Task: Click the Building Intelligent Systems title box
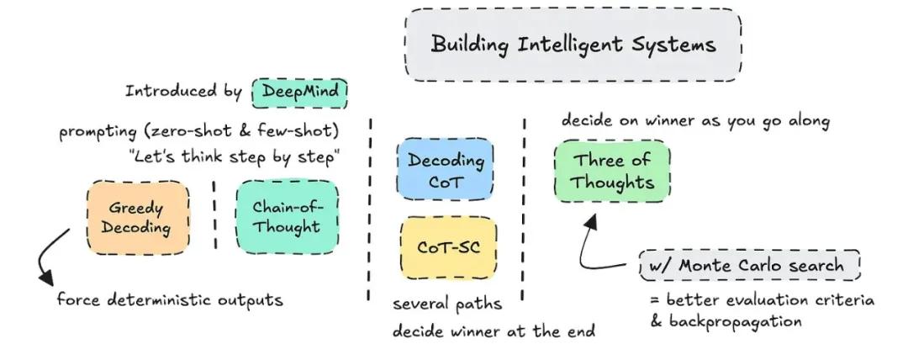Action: pyautogui.click(x=573, y=45)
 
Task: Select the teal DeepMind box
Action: pyautogui.click(x=299, y=93)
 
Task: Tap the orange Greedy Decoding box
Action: pyautogui.click(x=138, y=217)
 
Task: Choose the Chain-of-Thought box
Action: pyautogui.click(x=288, y=217)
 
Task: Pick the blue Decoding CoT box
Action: pyautogui.click(x=446, y=169)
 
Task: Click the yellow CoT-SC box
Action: pyautogui.click(x=449, y=248)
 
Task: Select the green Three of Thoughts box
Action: pyautogui.click(x=612, y=172)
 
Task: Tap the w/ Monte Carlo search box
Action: pyautogui.click(x=750, y=266)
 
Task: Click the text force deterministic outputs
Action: pyautogui.click(x=170, y=299)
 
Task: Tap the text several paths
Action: pyautogui.click(x=447, y=304)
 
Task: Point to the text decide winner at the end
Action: pyautogui.click(x=494, y=331)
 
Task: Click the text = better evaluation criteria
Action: pyautogui.click(x=762, y=300)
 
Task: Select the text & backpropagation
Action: pyautogui.click(x=726, y=321)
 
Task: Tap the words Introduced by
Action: pyautogui.click(x=183, y=92)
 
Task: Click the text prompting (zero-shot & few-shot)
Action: pyautogui.click(x=198, y=131)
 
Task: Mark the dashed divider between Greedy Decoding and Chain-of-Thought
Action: pyautogui.click(x=214, y=215)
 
